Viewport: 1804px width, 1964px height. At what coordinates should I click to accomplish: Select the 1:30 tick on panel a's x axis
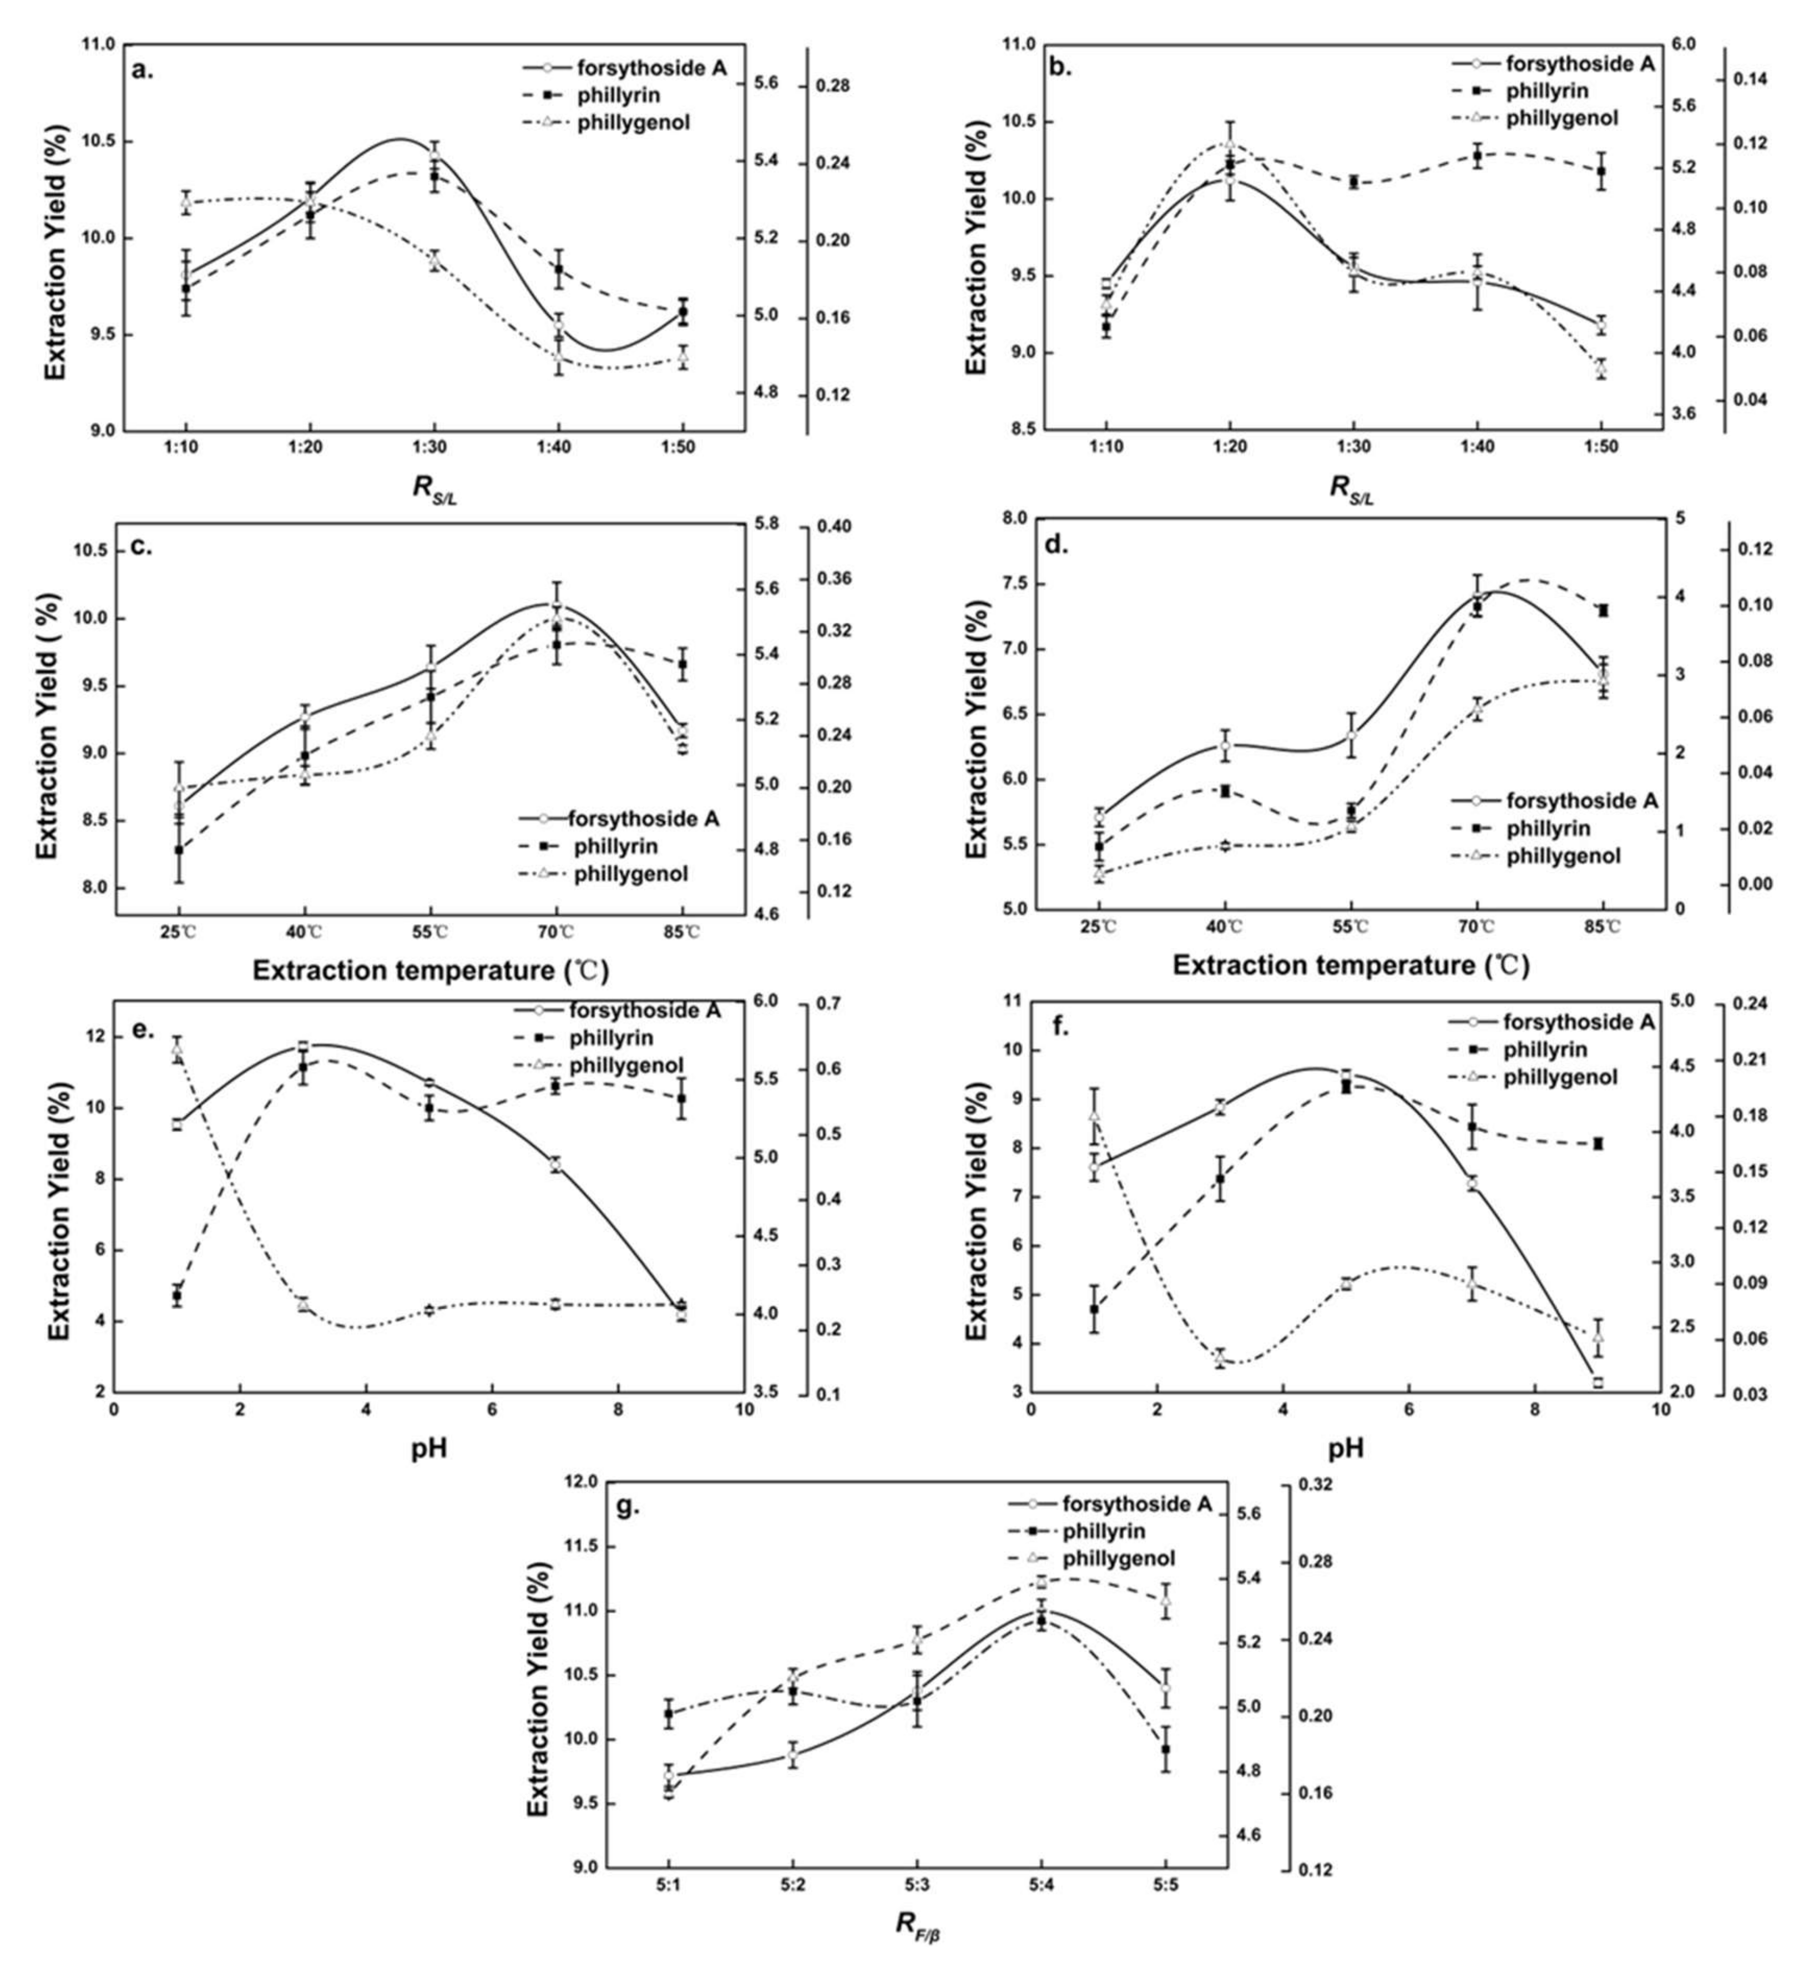[x=433, y=447]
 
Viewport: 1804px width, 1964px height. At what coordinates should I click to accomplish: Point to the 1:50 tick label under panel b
[x=1601, y=447]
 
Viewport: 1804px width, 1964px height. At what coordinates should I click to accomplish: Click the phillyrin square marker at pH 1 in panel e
[x=176, y=1296]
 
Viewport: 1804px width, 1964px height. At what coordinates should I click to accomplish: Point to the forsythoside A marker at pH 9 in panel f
[x=1598, y=1383]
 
